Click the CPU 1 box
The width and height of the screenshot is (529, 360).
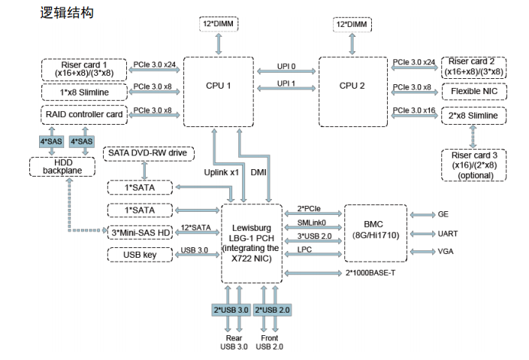pos(218,86)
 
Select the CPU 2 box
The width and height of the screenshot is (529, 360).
pos(352,86)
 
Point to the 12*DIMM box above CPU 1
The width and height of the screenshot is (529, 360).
pos(218,25)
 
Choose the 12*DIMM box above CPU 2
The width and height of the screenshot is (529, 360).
pos(352,25)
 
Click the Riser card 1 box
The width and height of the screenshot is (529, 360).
pos(84,69)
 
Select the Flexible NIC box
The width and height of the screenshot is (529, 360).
pos(473,92)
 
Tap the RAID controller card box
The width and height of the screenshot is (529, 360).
pos(84,115)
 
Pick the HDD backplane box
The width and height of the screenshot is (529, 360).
pos(62,167)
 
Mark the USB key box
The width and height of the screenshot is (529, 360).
pos(140,254)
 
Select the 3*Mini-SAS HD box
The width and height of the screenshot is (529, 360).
pos(140,231)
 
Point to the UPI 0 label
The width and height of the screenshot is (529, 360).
pos(286,65)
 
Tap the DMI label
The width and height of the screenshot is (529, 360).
pos(258,172)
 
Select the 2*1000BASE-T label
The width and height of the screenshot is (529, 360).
pos(370,272)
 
